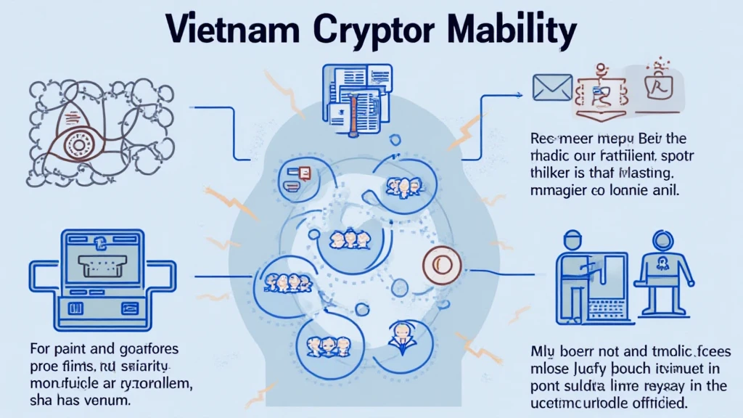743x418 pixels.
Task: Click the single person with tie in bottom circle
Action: click(x=401, y=337)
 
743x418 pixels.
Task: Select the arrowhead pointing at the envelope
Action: click(x=520, y=94)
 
